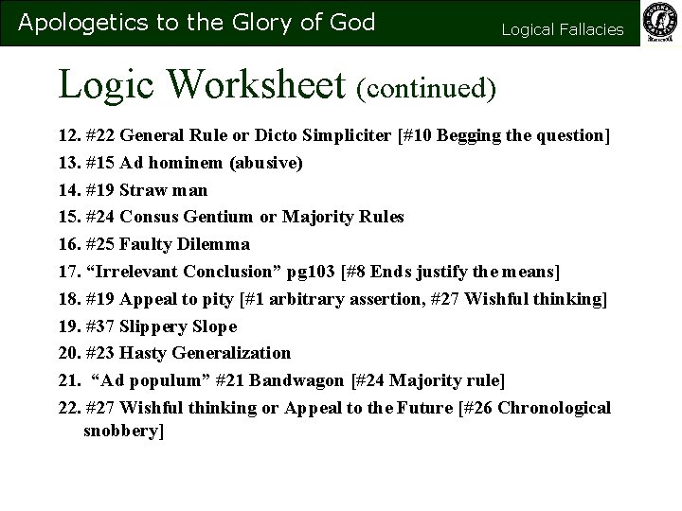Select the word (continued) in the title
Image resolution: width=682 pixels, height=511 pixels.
coord(427,87)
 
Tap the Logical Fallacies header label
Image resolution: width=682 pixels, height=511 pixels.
coord(563,29)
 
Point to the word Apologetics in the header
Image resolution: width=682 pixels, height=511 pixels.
coord(74,22)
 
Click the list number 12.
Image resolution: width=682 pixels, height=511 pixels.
coord(68,135)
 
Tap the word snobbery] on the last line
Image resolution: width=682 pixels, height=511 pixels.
coord(124,431)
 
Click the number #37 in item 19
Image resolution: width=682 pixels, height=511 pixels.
coord(101,326)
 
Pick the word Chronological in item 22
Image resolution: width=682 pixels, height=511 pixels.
coord(560,408)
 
